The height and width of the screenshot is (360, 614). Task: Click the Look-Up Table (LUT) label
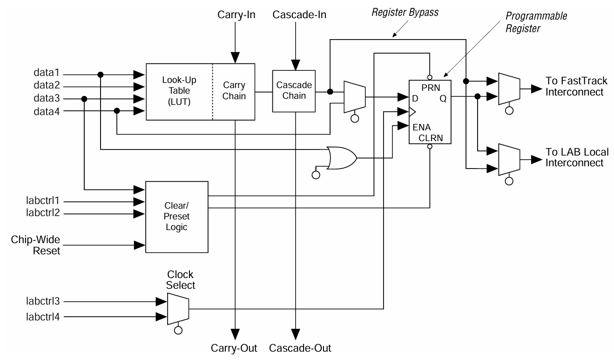179,92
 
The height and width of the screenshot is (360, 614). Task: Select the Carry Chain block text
234,92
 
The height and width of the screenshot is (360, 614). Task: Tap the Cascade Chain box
294,91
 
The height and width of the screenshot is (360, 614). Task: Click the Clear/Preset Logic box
177,217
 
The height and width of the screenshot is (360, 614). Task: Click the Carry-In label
236,15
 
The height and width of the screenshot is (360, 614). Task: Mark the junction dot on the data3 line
84,99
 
